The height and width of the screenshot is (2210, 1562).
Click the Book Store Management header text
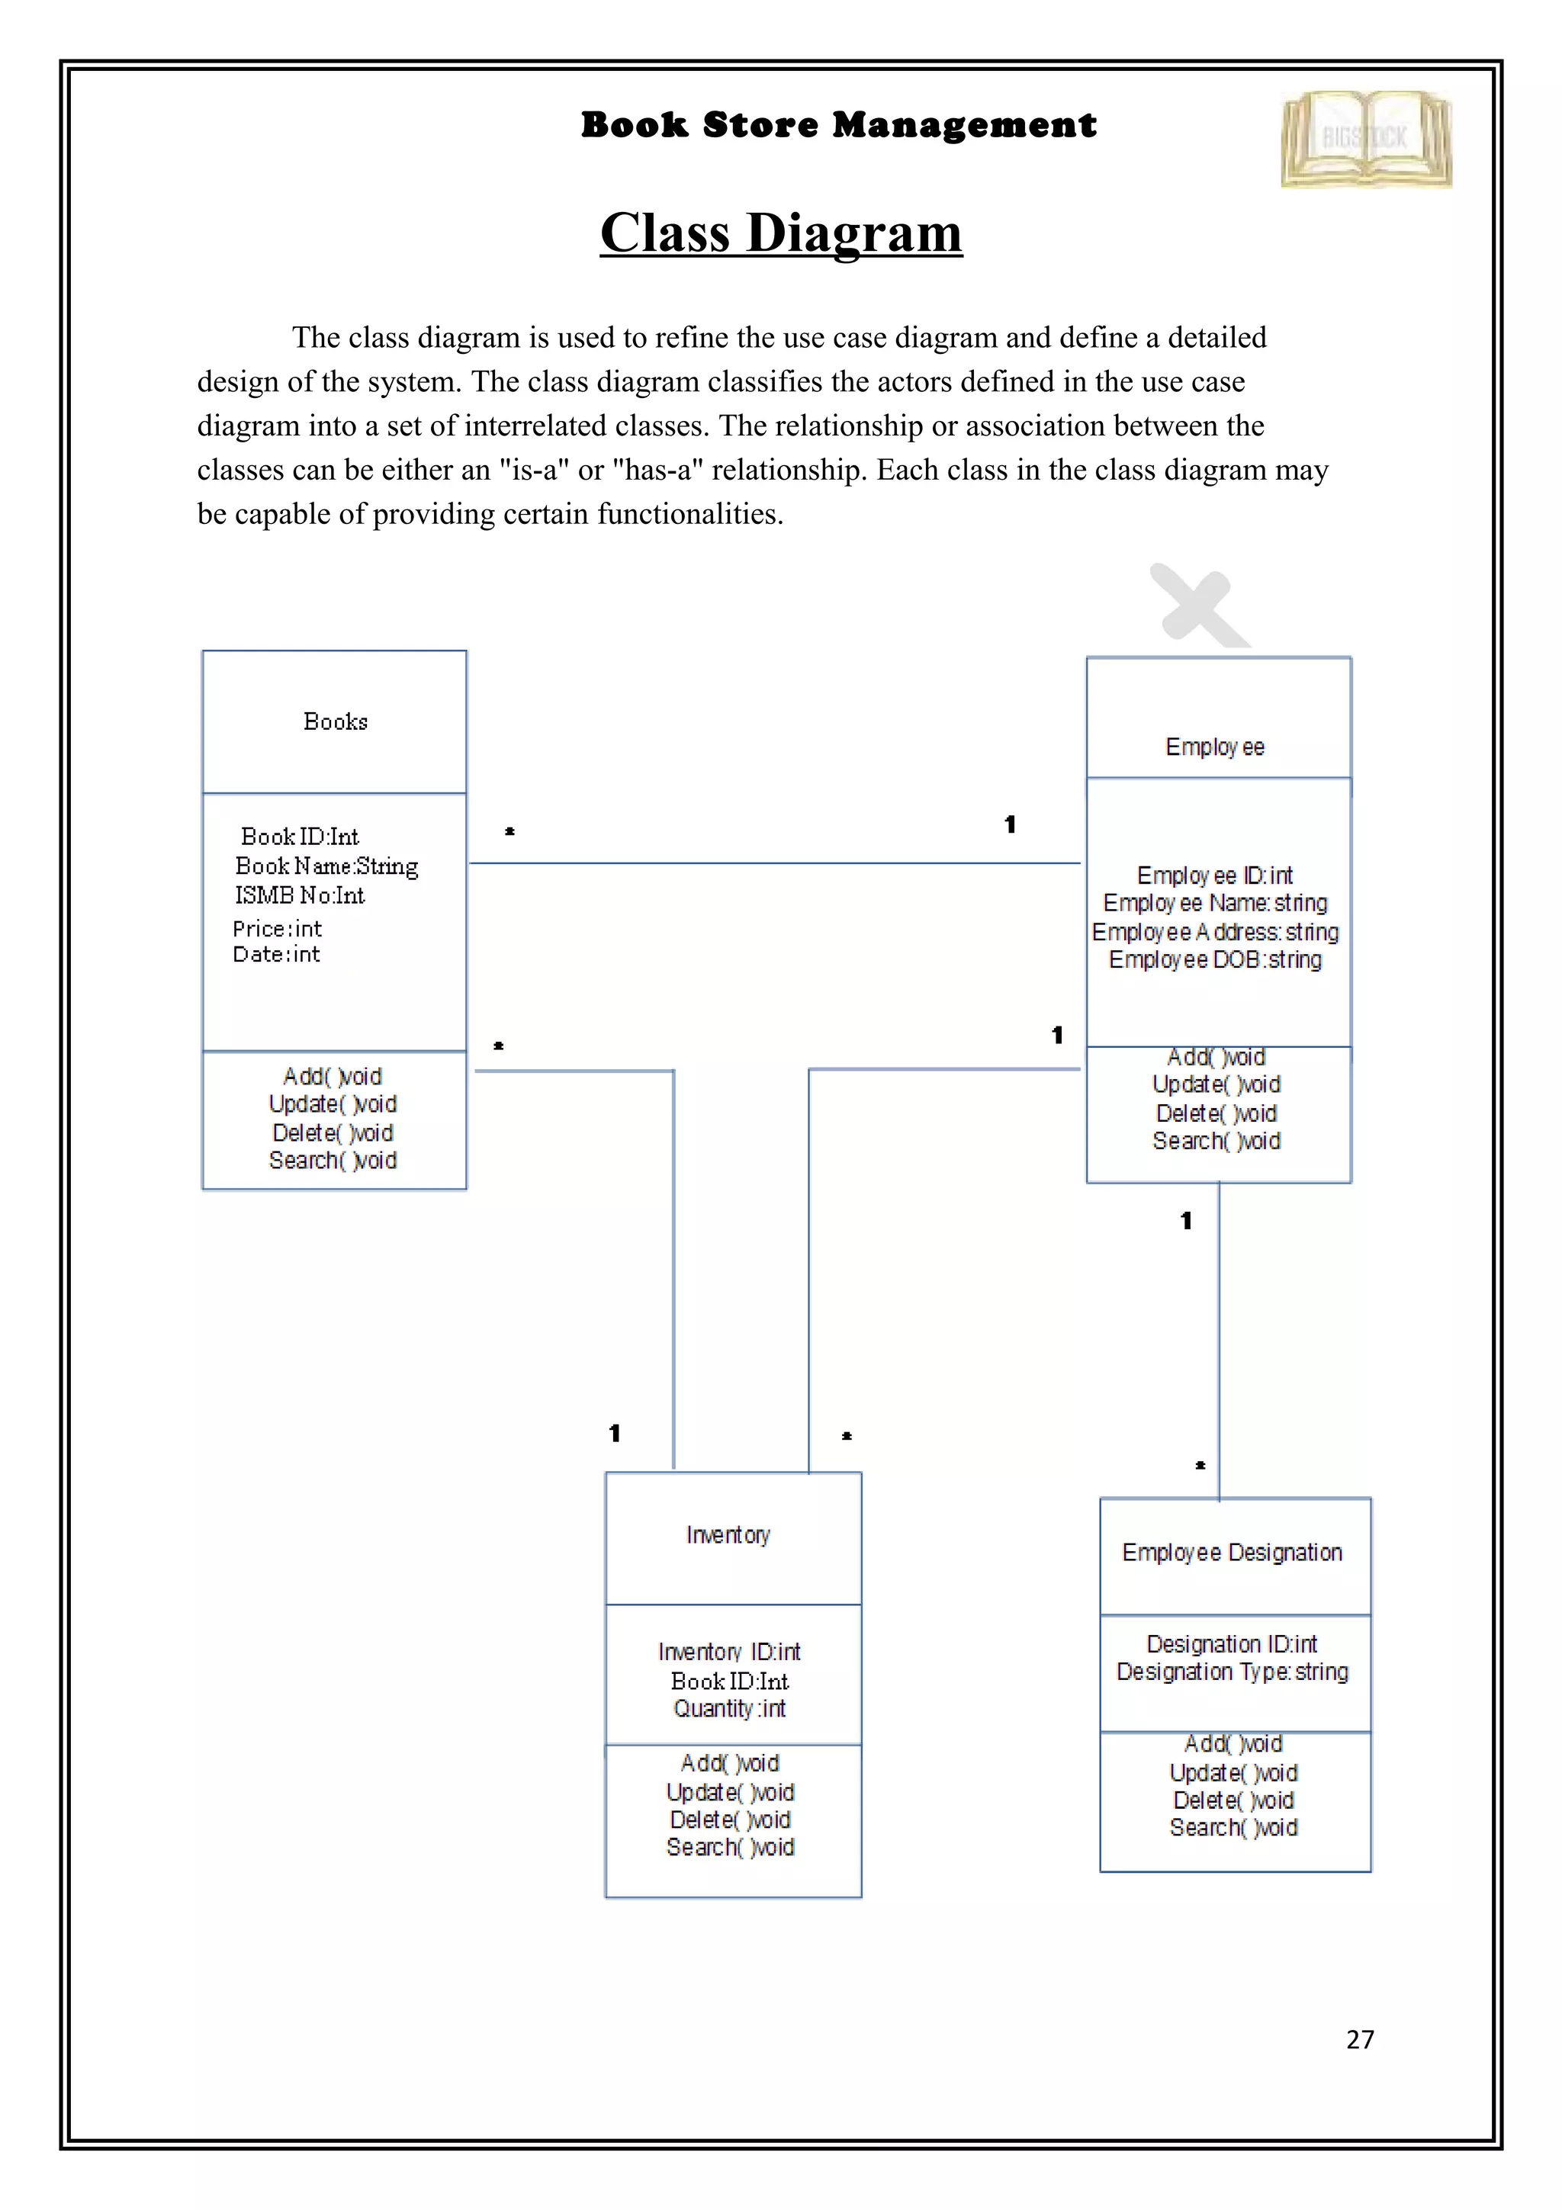click(837, 125)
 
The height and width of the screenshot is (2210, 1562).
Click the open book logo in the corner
click(1366, 140)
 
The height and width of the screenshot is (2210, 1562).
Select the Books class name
click(335, 722)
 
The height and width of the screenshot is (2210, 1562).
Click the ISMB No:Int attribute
click(299, 896)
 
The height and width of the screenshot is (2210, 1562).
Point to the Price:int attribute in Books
click(277, 929)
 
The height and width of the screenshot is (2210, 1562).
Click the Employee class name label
click(1214, 747)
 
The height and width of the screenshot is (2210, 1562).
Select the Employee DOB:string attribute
click(1214, 959)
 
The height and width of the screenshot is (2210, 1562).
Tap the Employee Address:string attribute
click(1214, 932)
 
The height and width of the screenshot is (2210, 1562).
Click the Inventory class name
click(728, 1535)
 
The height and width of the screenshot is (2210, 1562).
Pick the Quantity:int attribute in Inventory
click(729, 1708)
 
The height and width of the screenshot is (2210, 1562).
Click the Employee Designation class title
click(1232, 1553)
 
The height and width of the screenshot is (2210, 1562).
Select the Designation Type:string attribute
click(1232, 1672)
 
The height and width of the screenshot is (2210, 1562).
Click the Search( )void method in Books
click(333, 1161)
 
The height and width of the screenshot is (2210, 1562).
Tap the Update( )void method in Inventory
click(729, 1792)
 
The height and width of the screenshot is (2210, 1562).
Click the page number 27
click(1360, 2040)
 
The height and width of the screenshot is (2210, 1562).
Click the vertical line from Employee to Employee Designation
click(1219, 1348)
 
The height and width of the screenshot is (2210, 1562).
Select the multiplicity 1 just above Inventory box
click(614, 1433)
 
